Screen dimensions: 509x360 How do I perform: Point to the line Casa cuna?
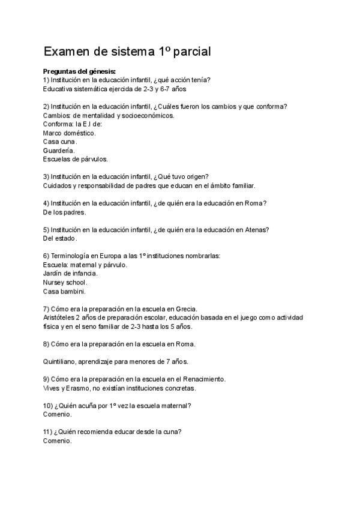click(60, 142)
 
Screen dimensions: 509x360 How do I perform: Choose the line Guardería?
click(59, 150)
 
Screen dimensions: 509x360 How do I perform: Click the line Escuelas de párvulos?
click(76, 159)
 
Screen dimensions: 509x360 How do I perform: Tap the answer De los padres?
click(65, 212)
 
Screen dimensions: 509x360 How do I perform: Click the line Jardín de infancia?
click(70, 273)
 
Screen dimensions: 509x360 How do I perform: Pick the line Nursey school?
click(65, 282)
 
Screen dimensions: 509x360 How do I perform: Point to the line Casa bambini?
click(64, 291)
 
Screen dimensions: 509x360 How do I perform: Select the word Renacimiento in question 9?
click(203, 379)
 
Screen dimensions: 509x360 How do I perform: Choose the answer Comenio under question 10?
click(58, 414)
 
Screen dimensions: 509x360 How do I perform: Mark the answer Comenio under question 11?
click(58, 441)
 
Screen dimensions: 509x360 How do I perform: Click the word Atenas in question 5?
click(256, 229)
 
